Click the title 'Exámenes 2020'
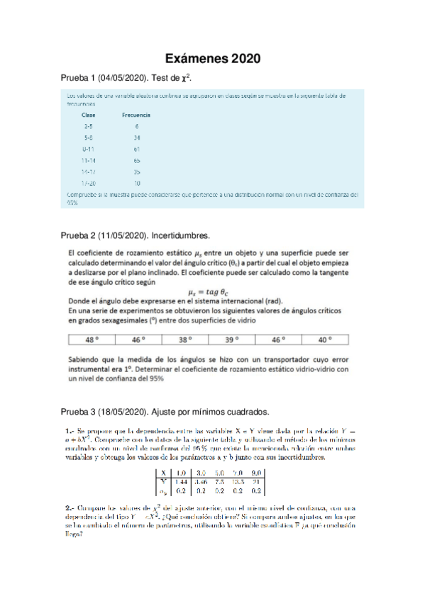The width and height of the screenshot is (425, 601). (212, 57)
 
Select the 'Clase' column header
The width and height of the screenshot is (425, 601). (89, 114)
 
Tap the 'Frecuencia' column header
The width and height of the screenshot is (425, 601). (136, 114)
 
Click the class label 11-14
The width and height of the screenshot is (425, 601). (89, 161)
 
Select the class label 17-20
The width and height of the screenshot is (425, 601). (89, 184)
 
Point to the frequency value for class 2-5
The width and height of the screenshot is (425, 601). (136, 126)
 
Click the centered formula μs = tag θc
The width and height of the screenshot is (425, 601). (212, 291)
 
